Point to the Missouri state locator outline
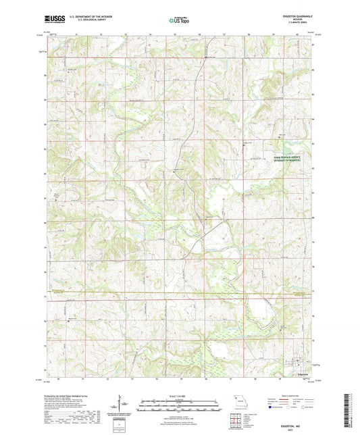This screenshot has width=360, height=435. click(238, 400)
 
